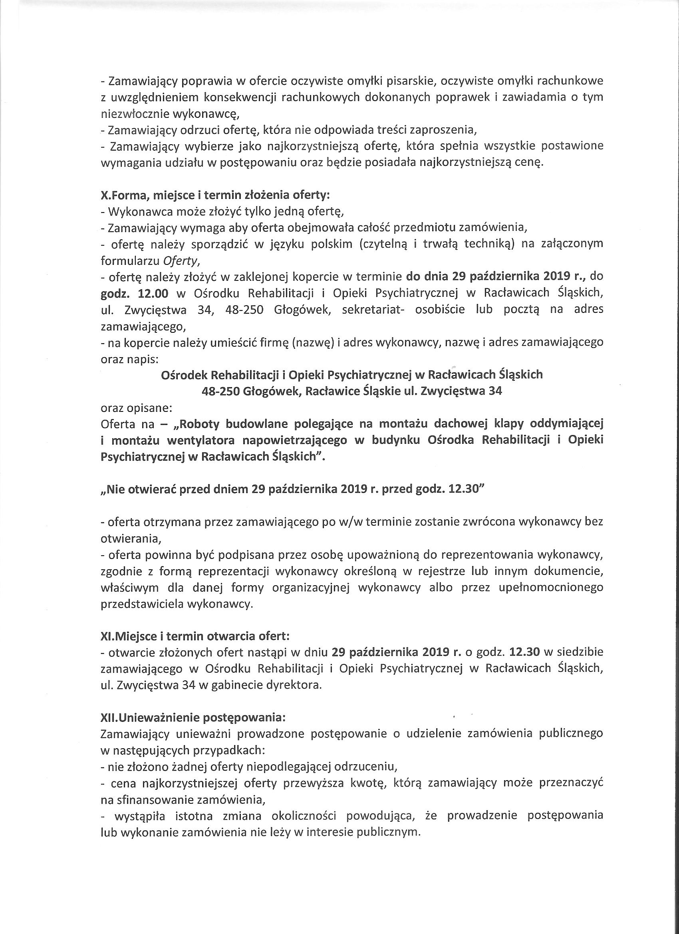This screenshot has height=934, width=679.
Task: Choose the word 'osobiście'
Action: [x=438, y=309]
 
